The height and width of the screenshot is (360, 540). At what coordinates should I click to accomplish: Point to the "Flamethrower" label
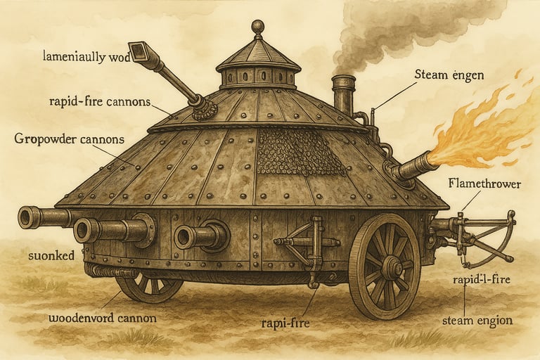point(483,184)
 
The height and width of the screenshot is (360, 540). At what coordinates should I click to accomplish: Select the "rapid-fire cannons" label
point(101,101)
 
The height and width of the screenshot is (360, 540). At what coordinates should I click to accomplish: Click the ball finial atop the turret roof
point(258,27)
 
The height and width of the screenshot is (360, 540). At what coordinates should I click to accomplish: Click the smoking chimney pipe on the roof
point(344,94)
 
